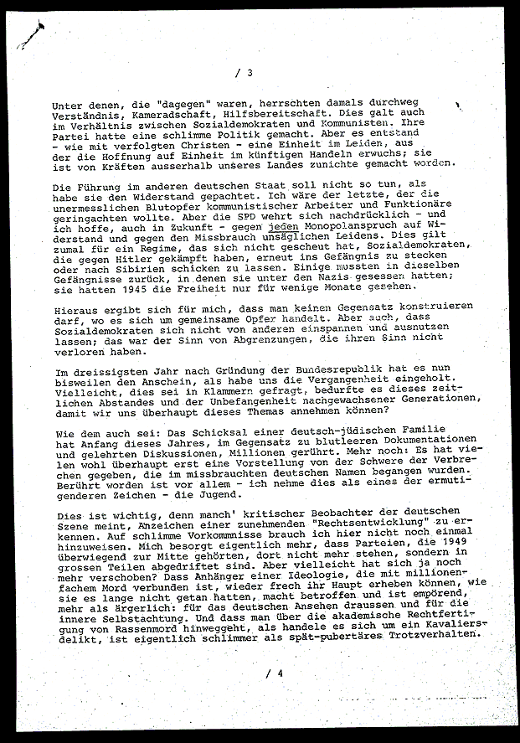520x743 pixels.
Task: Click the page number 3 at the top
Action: pos(250,73)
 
